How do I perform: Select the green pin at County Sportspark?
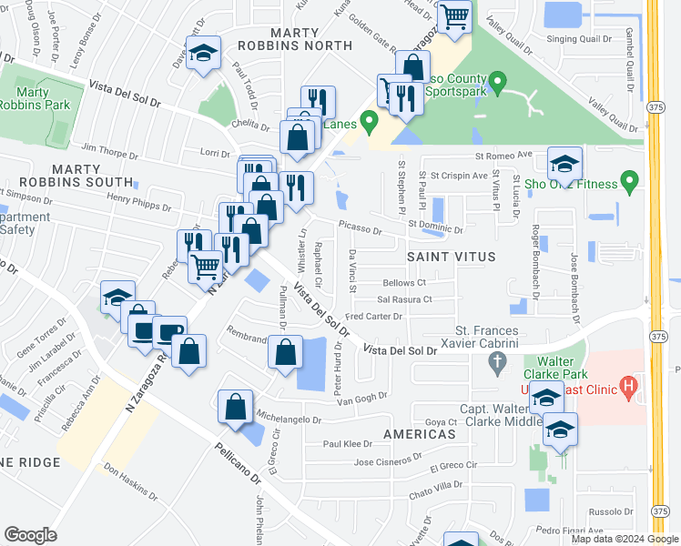[x=497, y=84]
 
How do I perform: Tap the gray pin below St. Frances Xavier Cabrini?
[x=496, y=366]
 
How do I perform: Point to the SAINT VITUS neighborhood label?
[x=451, y=258]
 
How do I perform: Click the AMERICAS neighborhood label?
[x=419, y=435]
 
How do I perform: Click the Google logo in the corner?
[x=31, y=535]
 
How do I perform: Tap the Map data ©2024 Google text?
[x=624, y=539]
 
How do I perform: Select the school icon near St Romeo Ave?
[x=564, y=164]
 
